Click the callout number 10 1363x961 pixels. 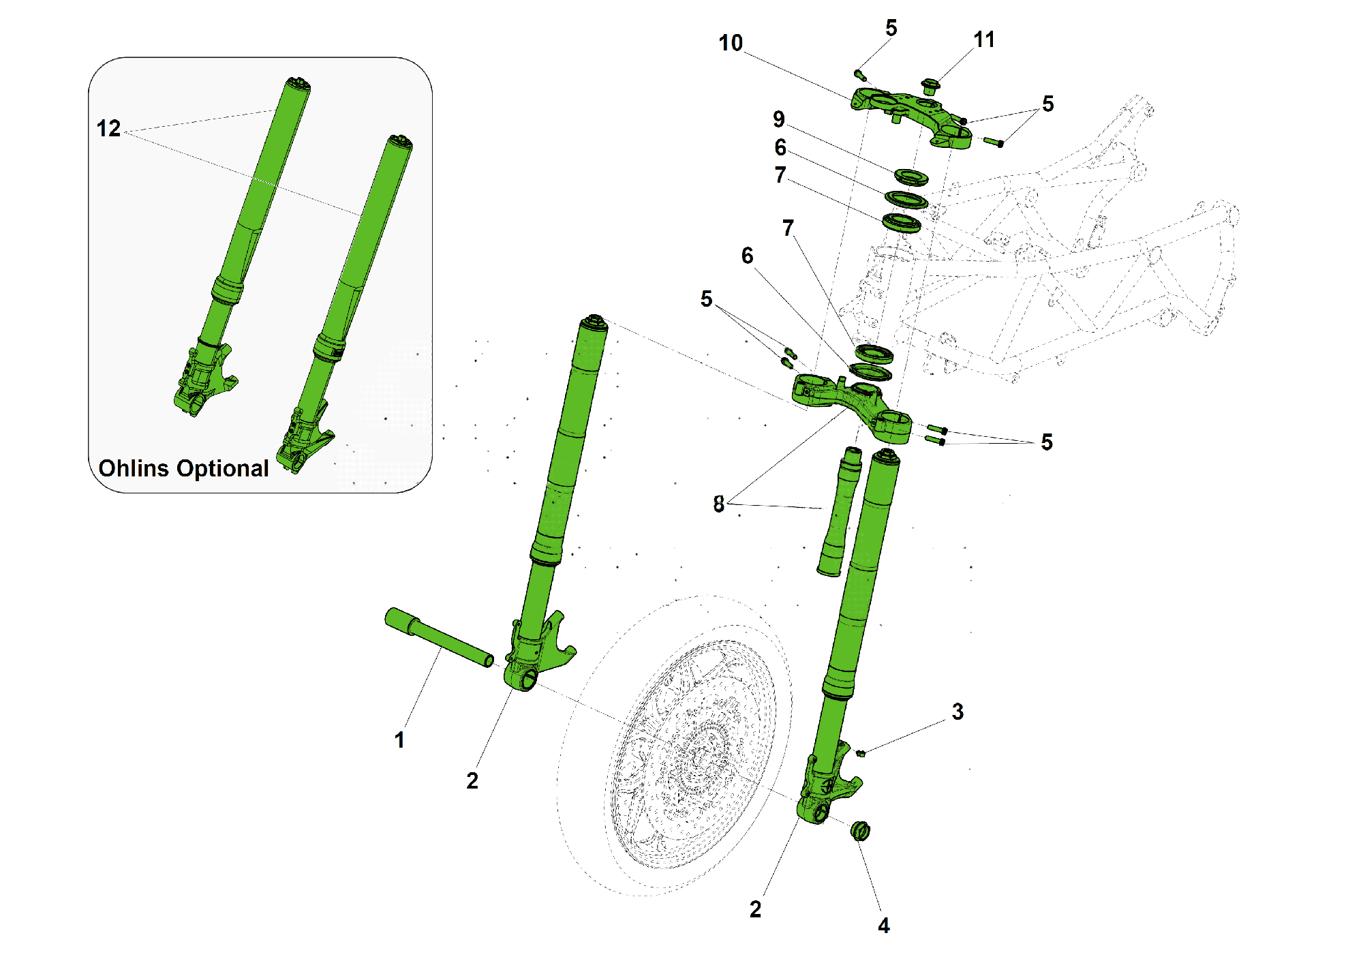[731, 43]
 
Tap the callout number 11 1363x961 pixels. [984, 40]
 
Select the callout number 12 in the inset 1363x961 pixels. [108, 128]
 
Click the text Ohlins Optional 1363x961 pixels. [183, 468]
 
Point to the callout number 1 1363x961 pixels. [399, 739]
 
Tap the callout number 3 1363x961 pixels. [958, 712]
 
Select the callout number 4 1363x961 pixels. [884, 925]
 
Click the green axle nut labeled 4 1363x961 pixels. [860, 831]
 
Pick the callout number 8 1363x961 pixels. [718, 504]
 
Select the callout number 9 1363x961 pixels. [779, 119]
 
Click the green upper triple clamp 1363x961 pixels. [910, 112]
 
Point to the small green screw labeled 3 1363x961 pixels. [860, 753]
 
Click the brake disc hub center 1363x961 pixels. [699, 757]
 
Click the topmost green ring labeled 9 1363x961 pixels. [911, 177]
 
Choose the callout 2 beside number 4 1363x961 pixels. [755, 909]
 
